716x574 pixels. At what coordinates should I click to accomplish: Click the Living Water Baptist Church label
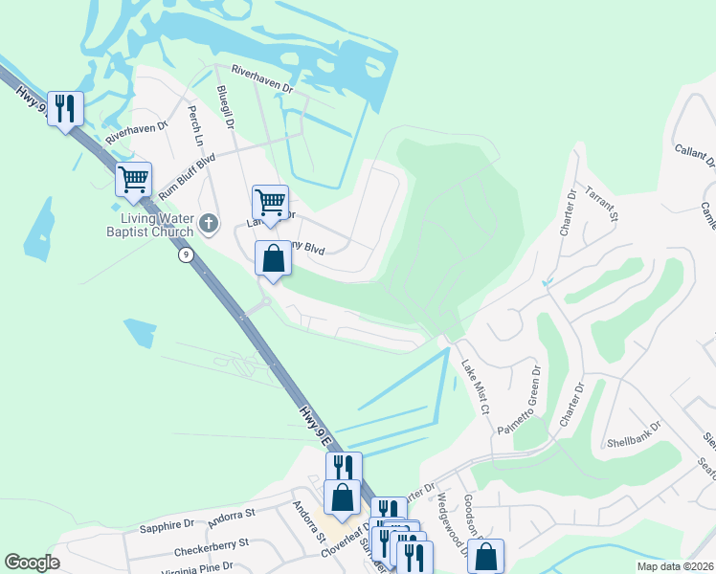pos(156,225)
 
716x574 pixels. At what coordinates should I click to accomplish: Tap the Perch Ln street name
pos(196,127)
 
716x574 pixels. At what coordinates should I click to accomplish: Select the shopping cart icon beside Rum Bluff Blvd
pos(134,180)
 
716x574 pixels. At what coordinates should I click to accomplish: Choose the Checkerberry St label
pos(212,547)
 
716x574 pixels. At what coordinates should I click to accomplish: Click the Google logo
pos(32,563)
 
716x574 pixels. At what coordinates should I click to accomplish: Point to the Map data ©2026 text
pos(674,566)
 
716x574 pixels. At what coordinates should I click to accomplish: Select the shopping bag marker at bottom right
pos(487,556)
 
